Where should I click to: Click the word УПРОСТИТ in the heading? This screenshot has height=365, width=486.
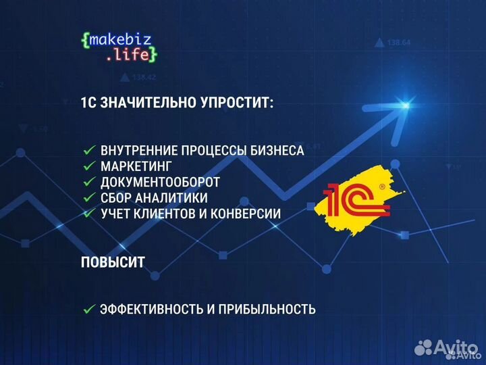(x=234, y=103)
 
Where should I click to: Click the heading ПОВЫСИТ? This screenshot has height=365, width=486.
(x=112, y=263)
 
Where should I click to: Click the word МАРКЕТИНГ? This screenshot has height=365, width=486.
(x=136, y=166)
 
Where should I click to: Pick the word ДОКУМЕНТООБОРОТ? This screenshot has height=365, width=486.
(x=160, y=182)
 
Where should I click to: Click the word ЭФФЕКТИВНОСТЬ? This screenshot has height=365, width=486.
(x=149, y=310)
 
